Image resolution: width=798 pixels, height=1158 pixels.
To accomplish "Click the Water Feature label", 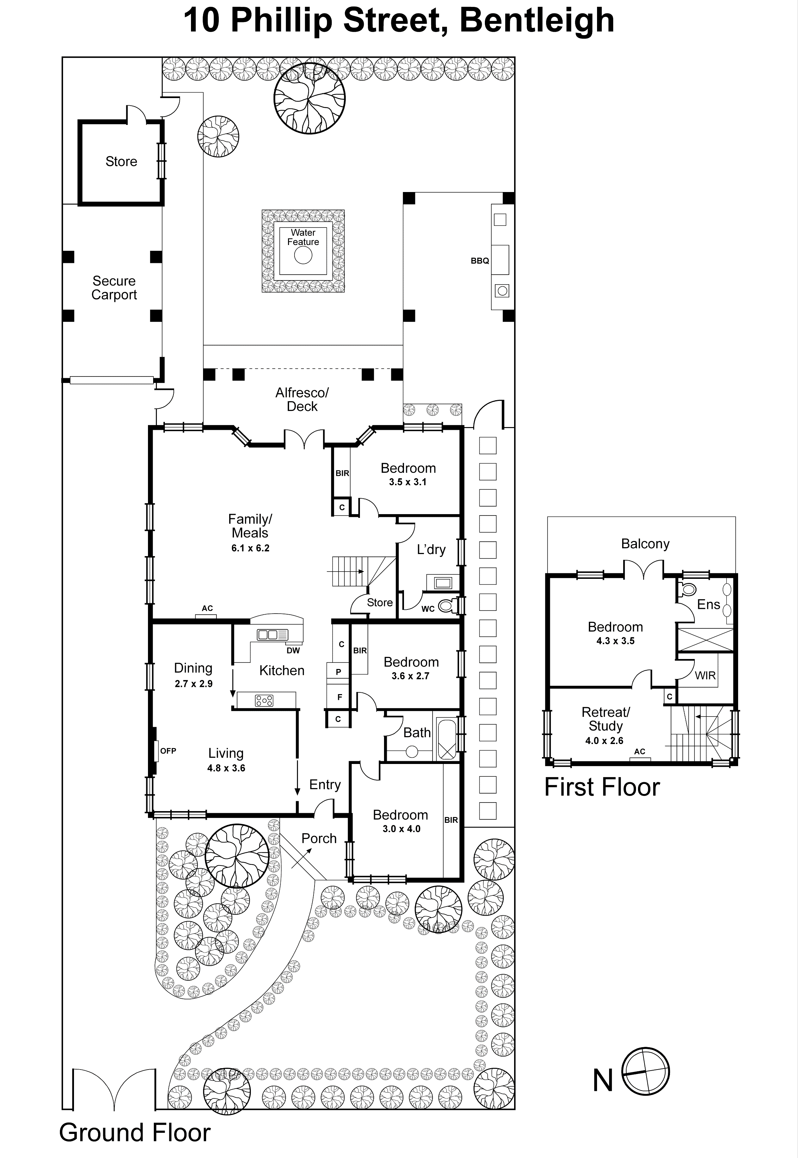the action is pyautogui.click(x=303, y=237).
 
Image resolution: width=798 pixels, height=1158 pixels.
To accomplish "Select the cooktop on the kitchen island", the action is pyautogui.click(x=265, y=700).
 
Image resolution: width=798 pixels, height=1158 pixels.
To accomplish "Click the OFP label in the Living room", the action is pyautogui.click(x=168, y=751).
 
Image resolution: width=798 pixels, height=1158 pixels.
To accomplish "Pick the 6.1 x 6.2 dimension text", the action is pyautogui.click(x=250, y=548).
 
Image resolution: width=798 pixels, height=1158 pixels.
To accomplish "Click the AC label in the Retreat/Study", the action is pyautogui.click(x=639, y=751).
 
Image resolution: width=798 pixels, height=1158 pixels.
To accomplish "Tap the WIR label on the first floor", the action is pyautogui.click(x=705, y=676).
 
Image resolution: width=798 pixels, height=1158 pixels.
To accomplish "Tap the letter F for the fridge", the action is pyautogui.click(x=340, y=697).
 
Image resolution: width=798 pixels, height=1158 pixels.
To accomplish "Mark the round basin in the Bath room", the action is pyautogui.click(x=412, y=752).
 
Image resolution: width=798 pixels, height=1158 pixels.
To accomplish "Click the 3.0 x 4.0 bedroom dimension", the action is pyautogui.click(x=402, y=829).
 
